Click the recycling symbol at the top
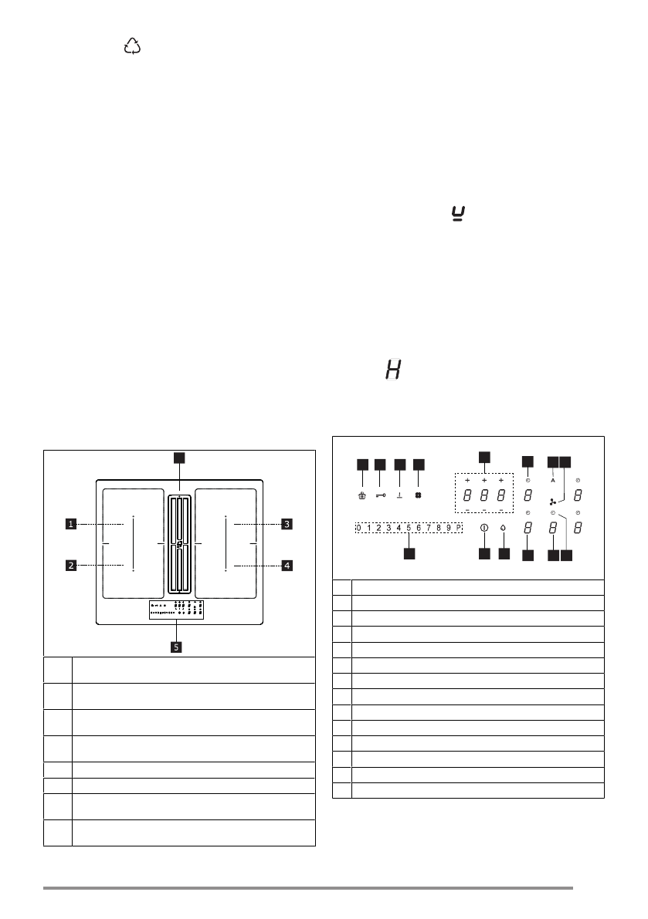tap(132, 48)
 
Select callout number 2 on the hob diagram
tap(70, 566)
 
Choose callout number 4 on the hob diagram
tap(287, 566)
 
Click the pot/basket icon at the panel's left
tap(361, 496)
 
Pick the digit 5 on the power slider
tap(409, 528)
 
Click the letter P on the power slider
tap(458, 528)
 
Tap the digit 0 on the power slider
tap(359, 528)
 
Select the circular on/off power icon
tap(483, 529)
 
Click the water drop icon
tap(503, 529)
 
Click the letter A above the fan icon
tap(553, 480)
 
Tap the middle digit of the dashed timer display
tap(483, 495)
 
